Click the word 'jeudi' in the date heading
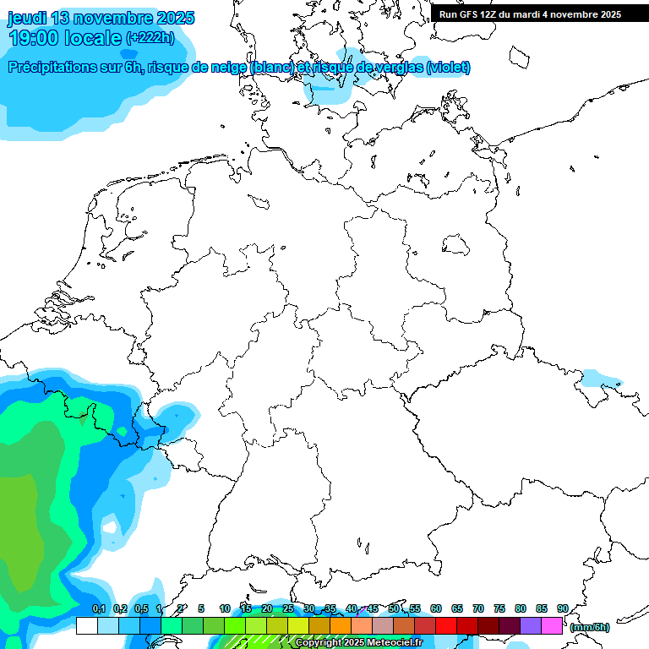point(27,18)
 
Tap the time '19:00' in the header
point(34,38)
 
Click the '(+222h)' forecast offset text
point(150,38)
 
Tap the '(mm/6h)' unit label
point(589,627)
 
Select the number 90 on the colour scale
point(562,608)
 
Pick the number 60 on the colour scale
point(436,608)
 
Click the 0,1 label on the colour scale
point(99,608)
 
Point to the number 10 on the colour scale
point(225,608)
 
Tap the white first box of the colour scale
point(86,625)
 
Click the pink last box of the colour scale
point(552,625)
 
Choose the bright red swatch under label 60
point(445,625)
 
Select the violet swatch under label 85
point(531,625)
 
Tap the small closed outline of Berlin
point(457,245)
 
